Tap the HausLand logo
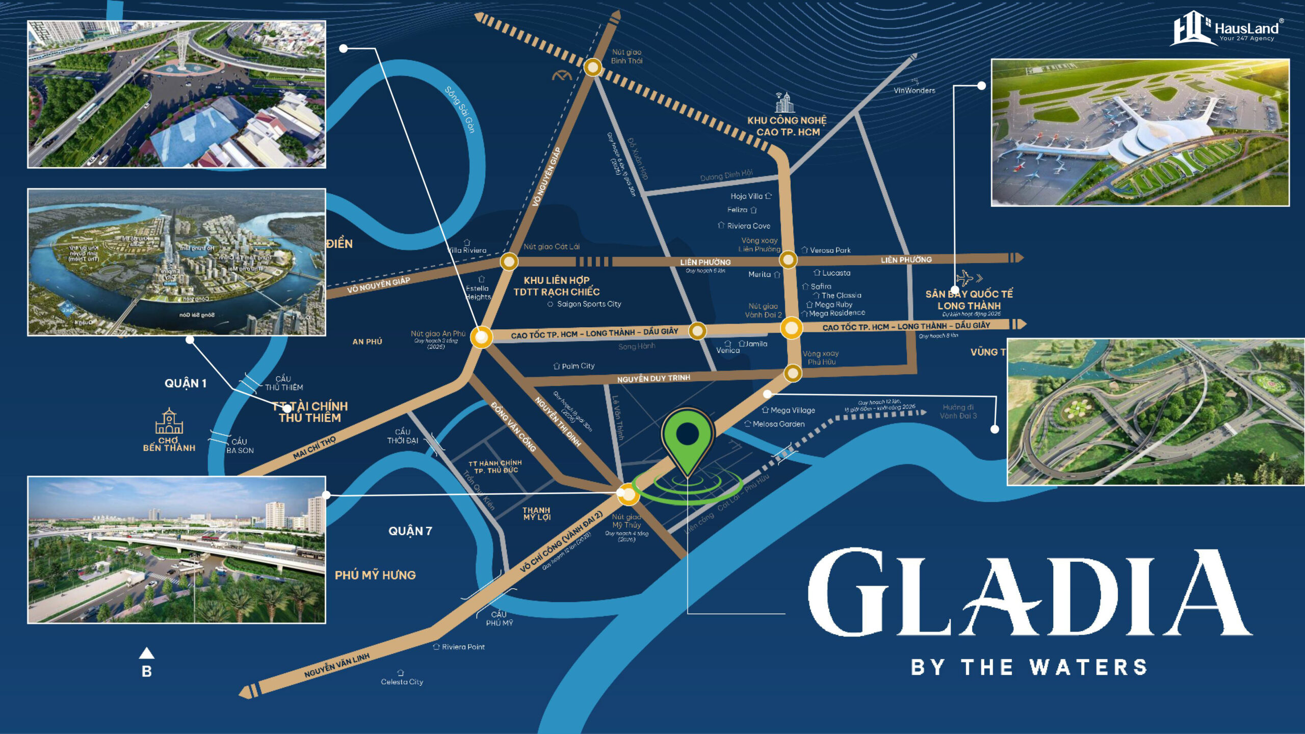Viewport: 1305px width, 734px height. coord(1225,29)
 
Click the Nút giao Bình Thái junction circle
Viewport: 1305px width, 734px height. coord(592,67)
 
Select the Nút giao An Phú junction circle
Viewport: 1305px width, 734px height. coord(481,336)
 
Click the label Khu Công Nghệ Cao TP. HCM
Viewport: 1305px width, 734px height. coord(787,126)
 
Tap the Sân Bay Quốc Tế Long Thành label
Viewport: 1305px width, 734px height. coord(969,300)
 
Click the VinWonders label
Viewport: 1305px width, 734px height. coord(915,90)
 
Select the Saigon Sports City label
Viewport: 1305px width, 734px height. coord(588,304)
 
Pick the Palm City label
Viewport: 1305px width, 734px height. coord(578,366)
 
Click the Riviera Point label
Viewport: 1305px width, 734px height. coord(463,647)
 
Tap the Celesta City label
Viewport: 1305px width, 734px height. coord(402,681)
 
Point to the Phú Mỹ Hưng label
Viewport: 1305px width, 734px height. coord(375,575)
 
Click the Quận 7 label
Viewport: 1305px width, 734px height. coord(410,531)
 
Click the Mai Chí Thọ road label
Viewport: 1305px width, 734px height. coord(314,447)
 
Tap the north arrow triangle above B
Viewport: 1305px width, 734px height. coord(147,653)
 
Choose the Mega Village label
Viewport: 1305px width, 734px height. coord(792,410)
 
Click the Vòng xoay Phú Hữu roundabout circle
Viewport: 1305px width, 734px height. coord(793,373)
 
